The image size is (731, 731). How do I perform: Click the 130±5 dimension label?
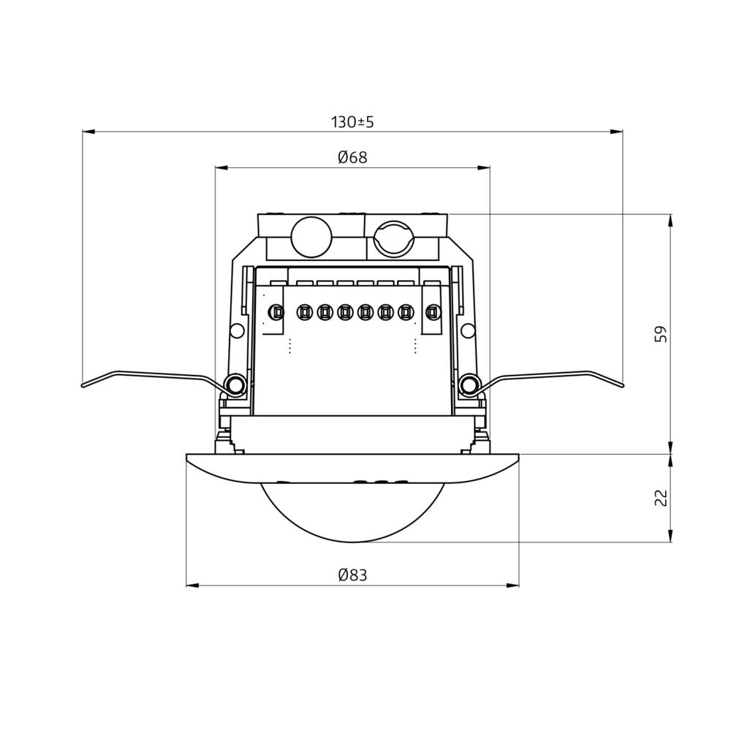pos(352,122)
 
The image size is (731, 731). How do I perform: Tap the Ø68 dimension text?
pos(352,158)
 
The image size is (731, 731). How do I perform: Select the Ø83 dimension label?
pos(352,575)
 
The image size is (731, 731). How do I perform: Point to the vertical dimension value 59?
pos(661,334)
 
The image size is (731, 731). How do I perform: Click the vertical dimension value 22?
pos(661,498)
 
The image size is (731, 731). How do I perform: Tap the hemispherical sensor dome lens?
pos(352,512)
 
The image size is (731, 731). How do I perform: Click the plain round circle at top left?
pos(311,237)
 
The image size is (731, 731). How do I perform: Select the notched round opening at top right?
pos(394,238)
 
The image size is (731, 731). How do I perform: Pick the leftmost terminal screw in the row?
pos(276,313)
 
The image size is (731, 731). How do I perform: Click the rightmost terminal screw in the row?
pos(432,313)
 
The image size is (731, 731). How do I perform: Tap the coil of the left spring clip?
pos(235,384)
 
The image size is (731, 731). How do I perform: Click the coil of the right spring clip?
pos(470,384)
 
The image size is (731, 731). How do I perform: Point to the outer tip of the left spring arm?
pos(83,385)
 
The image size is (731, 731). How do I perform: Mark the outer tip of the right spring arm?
pos(622,385)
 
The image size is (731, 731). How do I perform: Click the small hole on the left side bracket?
pos(237,331)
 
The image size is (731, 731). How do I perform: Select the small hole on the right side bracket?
pos(468,331)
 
